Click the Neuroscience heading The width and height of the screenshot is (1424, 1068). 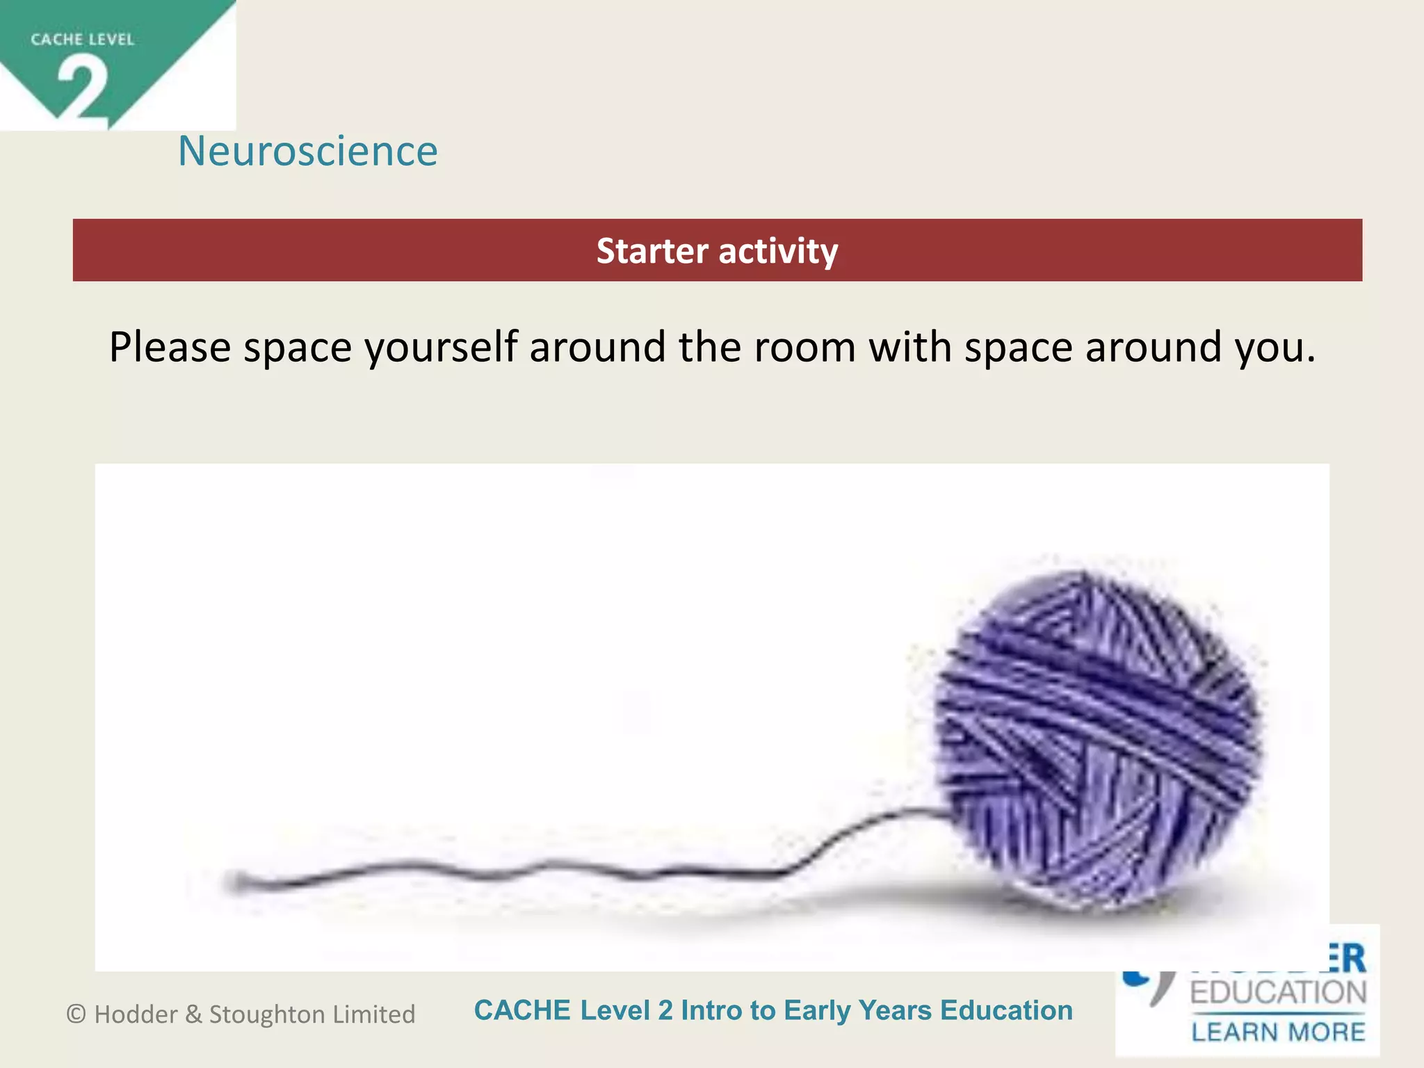pyautogui.click(x=308, y=151)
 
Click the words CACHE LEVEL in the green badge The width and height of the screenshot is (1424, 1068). pyautogui.click(x=82, y=40)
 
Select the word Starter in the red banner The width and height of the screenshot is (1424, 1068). pyautogui.click(x=652, y=251)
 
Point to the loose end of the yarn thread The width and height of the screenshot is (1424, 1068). pyautogui.click(x=236, y=882)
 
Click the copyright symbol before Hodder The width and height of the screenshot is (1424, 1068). pyautogui.click(x=76, y=1014)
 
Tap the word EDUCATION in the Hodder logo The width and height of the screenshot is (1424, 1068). pyautogui.click(x=1278, y=993)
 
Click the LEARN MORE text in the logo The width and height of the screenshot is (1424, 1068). pyautogui.click(x=1278, y=1032)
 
